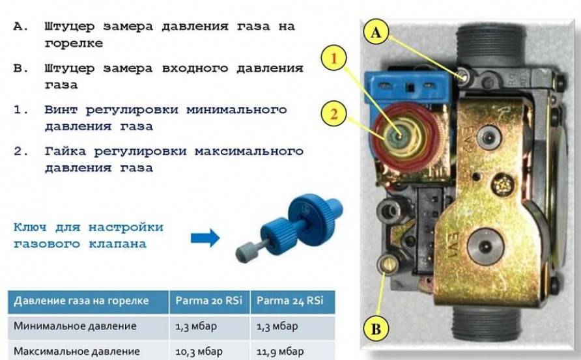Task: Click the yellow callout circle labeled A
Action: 376,33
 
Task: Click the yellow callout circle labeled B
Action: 376,329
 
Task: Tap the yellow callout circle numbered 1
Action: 333,59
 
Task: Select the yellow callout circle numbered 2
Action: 333,113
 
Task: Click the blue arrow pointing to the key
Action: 205,238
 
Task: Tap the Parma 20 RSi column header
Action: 209,300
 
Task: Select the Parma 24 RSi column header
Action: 290,300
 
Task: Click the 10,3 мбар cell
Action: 199,351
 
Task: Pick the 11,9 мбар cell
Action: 280,351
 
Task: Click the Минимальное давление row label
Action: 75,326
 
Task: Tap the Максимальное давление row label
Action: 77,351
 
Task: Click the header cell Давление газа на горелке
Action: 81,300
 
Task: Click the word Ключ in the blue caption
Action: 30,227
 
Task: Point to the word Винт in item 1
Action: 61,109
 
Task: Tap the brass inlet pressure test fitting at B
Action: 387,264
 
